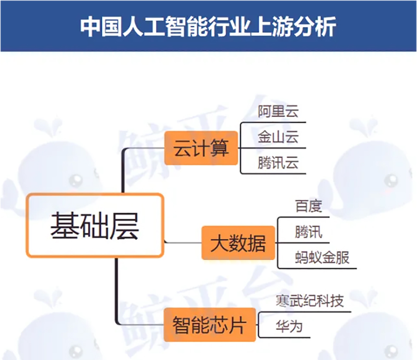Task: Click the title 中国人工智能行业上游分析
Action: click(208, 27)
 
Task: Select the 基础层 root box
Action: click(95, 225)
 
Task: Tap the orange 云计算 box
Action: click(201, 148)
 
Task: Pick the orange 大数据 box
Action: click(238, 243)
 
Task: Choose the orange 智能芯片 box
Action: click(210, 325)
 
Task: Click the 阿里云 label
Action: click(278, 112)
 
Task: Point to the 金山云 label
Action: click(278, 137)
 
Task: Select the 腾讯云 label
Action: click(278, 162)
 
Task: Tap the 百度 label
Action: click(309, 206)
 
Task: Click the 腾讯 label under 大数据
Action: click(309, 232)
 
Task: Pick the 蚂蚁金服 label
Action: click(322, 257)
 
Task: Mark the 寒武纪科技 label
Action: click(310, 301)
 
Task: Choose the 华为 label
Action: click(289, 326)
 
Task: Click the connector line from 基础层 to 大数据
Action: click(183, 242)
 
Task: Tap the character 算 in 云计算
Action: click(219, 148)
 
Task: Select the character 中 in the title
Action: click(90, 27)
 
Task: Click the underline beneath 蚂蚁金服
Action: click(317, 268)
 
